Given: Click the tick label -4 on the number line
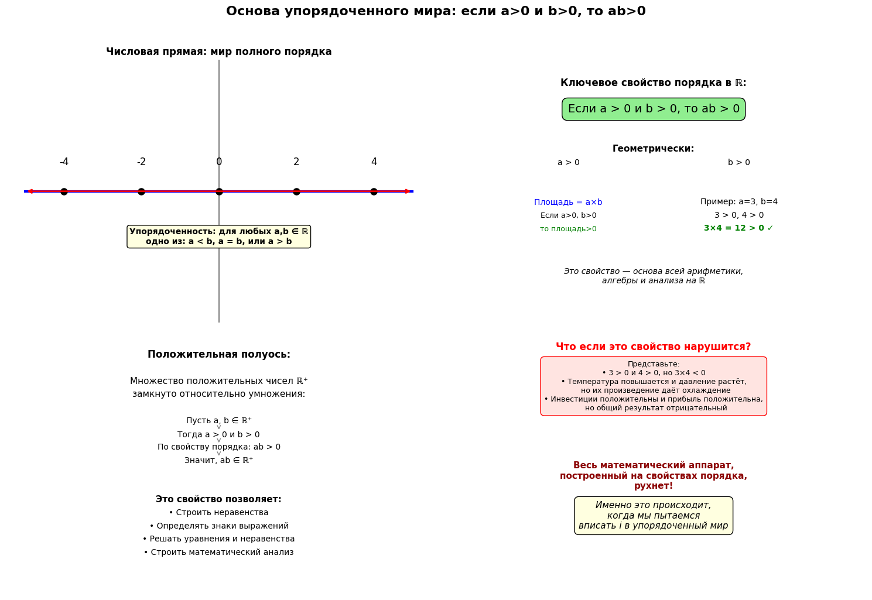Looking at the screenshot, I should (x=64, y=162).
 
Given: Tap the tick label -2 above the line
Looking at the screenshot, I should (x=141, y=162).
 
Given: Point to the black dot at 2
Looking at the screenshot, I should (x=296, y=191).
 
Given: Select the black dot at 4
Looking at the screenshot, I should (x=374, y=191).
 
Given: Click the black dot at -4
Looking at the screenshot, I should (x=64, y=191).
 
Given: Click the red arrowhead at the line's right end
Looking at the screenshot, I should (x=408, y=191).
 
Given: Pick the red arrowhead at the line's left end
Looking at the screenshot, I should (x=29, y=191).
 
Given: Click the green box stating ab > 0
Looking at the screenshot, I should (x=654, y=109).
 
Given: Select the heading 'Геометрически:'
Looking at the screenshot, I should (x=653, y=149).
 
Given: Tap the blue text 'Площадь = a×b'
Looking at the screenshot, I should (x=568, y=203).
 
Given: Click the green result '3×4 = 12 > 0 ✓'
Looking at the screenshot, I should (x=738, y=228).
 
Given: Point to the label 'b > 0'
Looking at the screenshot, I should (x=738, y=163).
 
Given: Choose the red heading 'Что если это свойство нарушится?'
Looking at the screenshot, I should (x=653, y=347).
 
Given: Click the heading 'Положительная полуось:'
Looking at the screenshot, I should (x=218, y=355).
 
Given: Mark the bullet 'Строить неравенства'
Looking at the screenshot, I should (x=218, y=513).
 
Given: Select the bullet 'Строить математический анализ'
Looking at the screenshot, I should (x=218, y=553).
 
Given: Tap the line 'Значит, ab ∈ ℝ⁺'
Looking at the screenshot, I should (x=218, y=461).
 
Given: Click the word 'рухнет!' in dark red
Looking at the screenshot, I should (x=654, y=486).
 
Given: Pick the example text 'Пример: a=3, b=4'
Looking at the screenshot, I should (x=738, y=202).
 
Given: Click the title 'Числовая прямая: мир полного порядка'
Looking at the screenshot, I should (x=218, y=52).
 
